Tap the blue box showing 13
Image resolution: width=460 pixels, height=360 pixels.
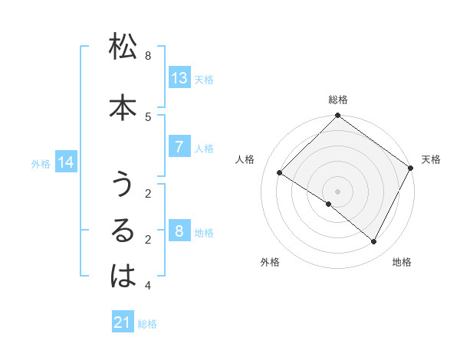pos(179,78)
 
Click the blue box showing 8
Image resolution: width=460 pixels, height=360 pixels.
pos(179,231)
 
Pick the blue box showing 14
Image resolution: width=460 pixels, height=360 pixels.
pos(66,162)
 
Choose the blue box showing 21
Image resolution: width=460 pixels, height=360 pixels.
pos(123,323)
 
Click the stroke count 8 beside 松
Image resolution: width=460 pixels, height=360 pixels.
pos(148,56)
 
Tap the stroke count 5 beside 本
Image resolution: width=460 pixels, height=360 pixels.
pos(148,116)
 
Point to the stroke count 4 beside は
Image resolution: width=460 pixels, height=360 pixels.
pos(148,286)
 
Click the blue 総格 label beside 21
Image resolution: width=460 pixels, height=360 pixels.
pos(147,324)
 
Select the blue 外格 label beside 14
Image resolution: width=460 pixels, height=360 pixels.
pos(41,163)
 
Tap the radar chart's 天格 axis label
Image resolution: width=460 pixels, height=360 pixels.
pos(431,159)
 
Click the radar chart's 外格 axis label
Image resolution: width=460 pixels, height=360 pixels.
pos(270,262)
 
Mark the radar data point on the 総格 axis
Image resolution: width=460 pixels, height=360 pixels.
pos(337,116)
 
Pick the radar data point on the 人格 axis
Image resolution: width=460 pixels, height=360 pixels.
pos(280,173)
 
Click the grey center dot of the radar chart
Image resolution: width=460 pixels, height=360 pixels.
pos(337,191)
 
